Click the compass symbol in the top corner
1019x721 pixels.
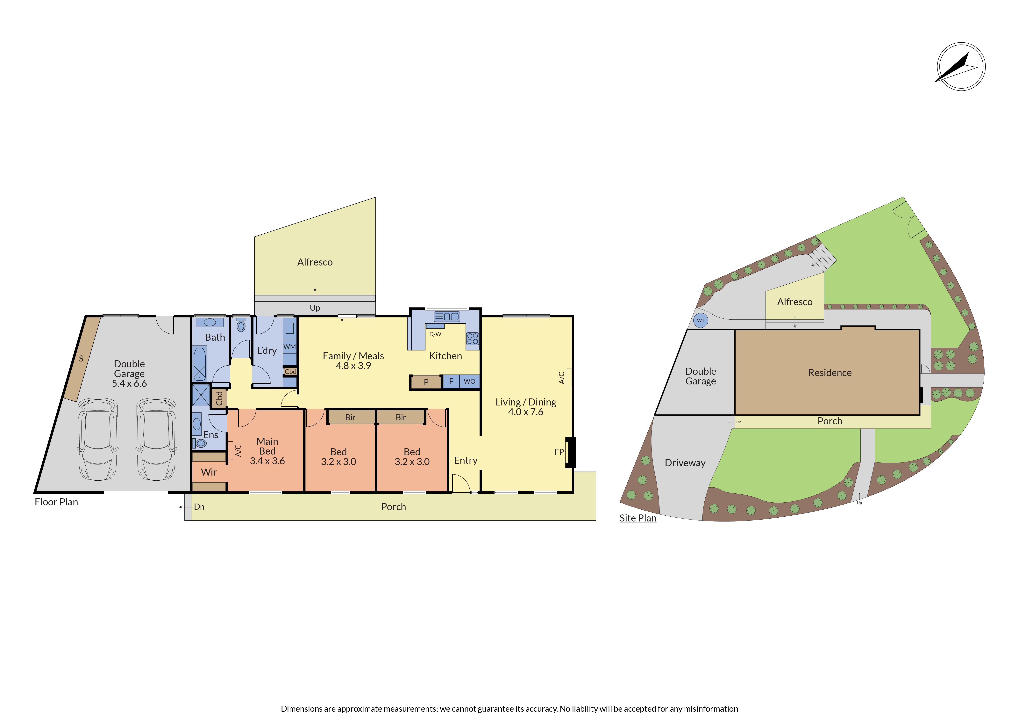(x=961, y=67)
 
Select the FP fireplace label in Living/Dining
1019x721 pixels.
(x=559, y=452)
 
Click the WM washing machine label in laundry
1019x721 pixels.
(x=289, y=347)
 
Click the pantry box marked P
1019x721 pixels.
(x=426, y=382)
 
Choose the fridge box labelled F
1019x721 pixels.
(x=451, y=381)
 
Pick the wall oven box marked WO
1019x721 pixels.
(x=469, y=381)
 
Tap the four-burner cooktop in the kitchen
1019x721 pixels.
(x=473, y=339)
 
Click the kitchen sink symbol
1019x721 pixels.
(x=446, y=317)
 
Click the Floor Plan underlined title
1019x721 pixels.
(x=56, y=502)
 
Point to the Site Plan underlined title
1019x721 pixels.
(x=638, y=518)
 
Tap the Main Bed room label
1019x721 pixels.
(x=267, y=446)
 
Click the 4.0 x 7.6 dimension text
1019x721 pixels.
(x=525, y=412)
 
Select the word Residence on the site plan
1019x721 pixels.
(x=830, y=373)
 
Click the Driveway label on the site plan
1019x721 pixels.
(x=685, y=463)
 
